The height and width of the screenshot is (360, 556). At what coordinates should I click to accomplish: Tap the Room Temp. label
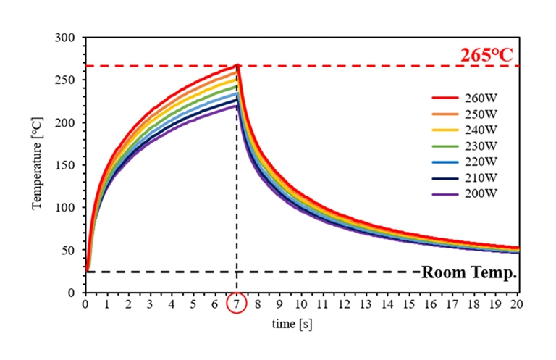tap(468, 272)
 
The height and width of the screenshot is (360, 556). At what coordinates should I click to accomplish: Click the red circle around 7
tap(237, 304)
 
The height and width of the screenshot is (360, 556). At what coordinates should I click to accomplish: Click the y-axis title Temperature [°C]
tap(36, 164)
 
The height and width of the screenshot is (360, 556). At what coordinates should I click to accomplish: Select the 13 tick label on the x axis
tap(366, 304)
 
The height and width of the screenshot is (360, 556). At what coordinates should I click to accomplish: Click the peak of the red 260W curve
tap(237, 65)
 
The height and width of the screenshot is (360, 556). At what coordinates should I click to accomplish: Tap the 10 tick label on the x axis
tap(301, 304)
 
